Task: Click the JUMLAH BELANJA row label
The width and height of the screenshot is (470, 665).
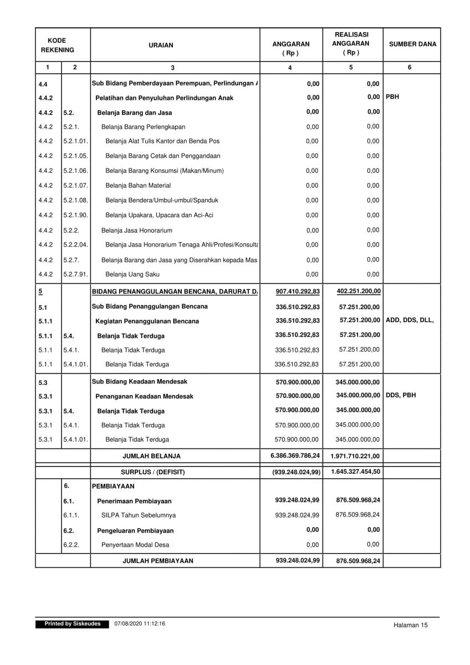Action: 151,456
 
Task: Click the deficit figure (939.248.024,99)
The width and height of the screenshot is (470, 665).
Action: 296,472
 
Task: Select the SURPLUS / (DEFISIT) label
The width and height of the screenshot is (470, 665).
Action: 152,472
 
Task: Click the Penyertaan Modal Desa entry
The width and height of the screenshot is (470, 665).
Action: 134,545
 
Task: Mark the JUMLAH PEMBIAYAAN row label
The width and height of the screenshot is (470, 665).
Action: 158,561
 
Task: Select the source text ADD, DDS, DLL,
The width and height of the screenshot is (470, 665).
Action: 410,320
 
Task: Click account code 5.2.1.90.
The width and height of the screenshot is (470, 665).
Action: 75,215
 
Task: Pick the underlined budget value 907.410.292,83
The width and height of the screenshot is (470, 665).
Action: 298,291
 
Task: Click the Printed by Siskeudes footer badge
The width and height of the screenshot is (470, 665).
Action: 73,624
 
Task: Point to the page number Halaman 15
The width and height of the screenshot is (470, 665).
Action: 411,625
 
